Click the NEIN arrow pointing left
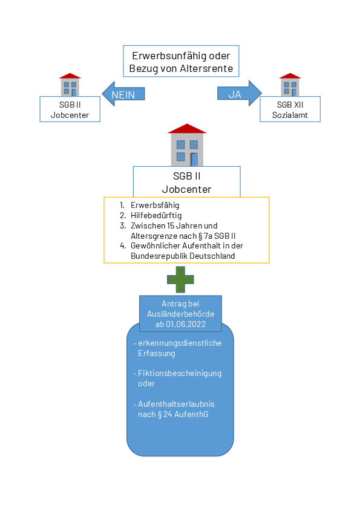[123, 94]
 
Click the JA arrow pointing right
[240, 94]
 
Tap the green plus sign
[180, 279]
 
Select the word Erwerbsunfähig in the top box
[169, 56]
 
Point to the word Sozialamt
[290, 115]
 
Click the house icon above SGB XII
[290, 85]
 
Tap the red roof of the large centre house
[187, 129]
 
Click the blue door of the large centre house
[194, 160]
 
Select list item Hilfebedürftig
[156, 215]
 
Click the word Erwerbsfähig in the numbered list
[155, 205]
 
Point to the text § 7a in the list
[205, 236]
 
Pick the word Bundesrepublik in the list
[159, 256]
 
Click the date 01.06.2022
[186, 324]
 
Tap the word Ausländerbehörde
[180, 314]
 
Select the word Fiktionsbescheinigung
[180, 374]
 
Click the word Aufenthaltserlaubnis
[176, 404]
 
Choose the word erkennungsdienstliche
[180, 343]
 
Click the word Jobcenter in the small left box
[70, 115]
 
